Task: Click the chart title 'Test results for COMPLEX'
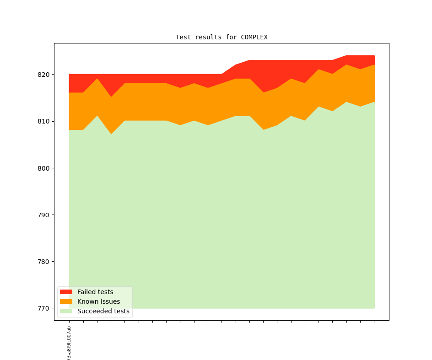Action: tap(221, 37)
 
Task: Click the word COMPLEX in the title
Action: tap(254, 37)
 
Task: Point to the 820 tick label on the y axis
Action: tap(45, 74)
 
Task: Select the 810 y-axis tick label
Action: tap(45, 121)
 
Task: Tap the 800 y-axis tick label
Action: tap(45, 168)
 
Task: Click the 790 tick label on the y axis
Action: tap(45, 215)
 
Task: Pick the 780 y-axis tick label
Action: tap(45, 262)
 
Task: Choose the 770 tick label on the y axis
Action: tap(45, 308)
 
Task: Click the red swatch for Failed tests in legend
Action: tap(66, 292)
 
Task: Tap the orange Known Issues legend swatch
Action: tap(66, 301)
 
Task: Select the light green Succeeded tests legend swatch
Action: tap(66, 311)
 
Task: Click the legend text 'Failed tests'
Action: tap(95, 292)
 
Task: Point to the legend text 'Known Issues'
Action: tap(98, 301)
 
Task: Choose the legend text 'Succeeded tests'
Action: tap(103, 311)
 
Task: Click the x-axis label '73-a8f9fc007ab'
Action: tap(69, 343)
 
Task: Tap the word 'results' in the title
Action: tap(208, 37)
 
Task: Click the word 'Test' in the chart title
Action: tap(183, 37)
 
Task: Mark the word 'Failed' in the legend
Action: tap(86, 292)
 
